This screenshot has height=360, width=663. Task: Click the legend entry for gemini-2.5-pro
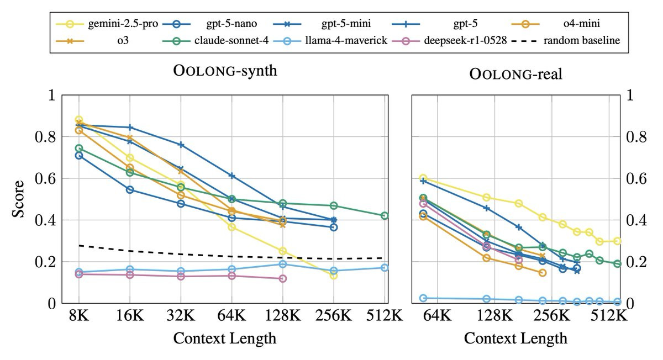(x=113, y=24)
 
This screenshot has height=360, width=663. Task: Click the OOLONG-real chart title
(x=515, y=74)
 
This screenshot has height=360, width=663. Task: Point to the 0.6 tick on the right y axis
(x=637, y=178)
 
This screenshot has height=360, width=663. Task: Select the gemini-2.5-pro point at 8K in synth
(x=78, y=120)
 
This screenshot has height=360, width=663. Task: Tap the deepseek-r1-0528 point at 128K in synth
(x=283, y=279)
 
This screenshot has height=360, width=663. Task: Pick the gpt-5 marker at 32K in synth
(x=181, y=145)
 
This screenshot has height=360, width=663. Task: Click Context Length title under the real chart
(x=515, y=338)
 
